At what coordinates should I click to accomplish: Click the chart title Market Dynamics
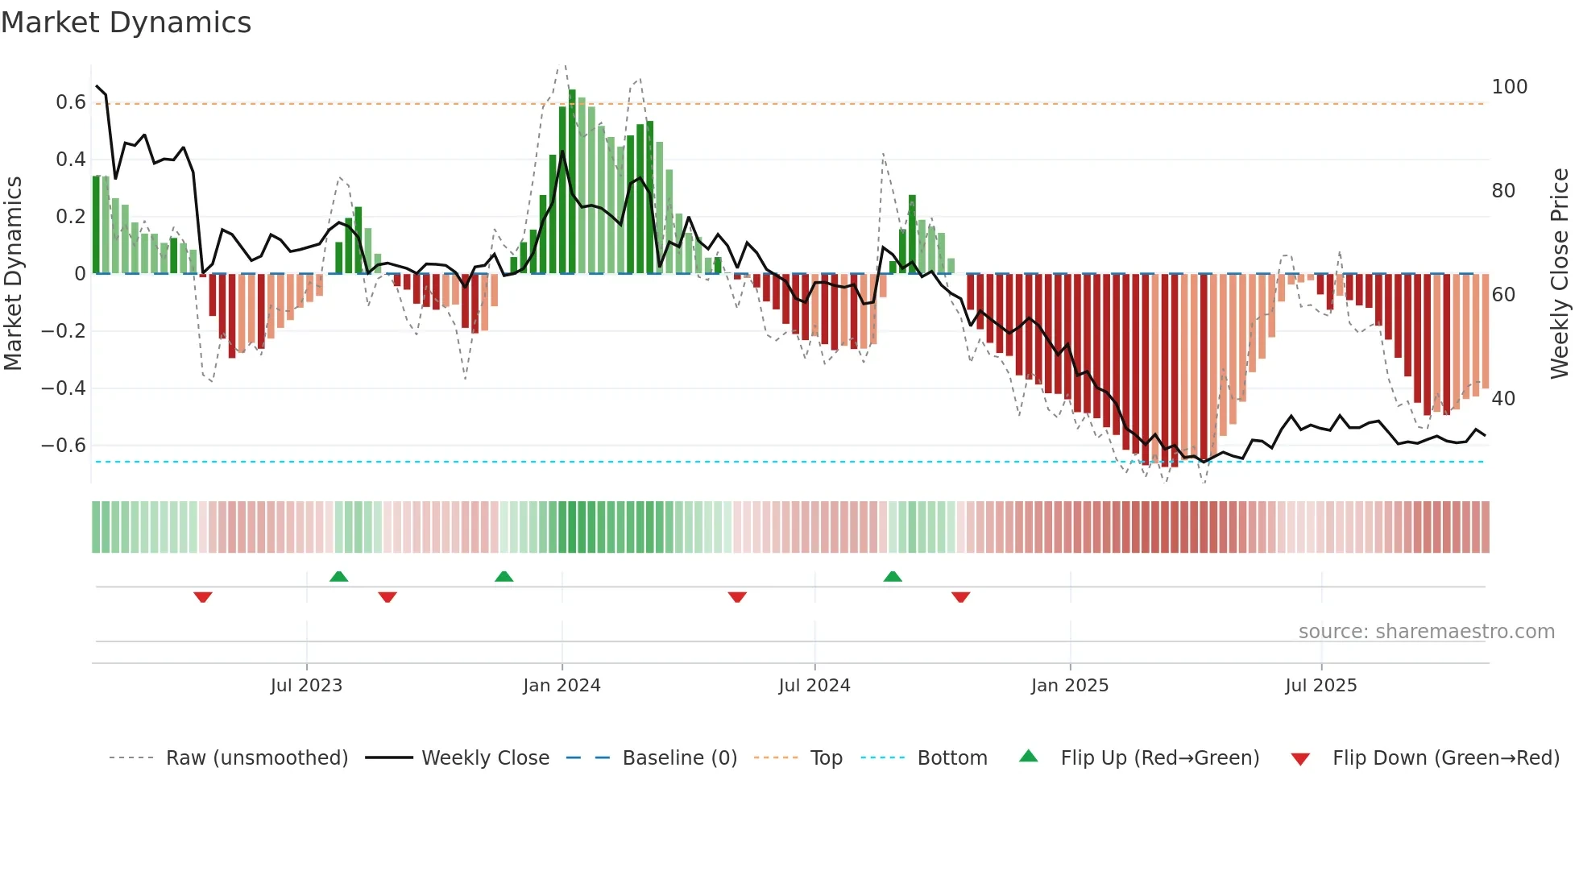click(x=126, y=23)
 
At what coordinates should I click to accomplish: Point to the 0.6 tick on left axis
click(x=70, y=102)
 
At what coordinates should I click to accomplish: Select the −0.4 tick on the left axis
click(x=63, y=388)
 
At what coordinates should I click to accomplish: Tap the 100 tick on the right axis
click(x=1509, y=87)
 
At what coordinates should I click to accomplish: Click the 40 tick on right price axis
click(x=1502, y=399)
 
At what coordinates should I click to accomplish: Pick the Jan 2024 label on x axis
click(x=562, y=686)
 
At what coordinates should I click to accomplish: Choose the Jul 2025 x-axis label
click(x=1320, y=686)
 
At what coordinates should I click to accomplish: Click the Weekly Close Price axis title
click(x=1560, y=274)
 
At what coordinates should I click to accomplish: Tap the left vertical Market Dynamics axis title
click(x=13, y=274)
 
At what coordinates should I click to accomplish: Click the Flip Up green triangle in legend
click(x=1029, y=757)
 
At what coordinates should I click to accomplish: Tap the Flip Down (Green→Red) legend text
click(x=1445, y=758)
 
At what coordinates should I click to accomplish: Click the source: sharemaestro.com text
click(x=1426, y=632)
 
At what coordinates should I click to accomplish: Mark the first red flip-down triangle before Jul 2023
click(x=203, y=597)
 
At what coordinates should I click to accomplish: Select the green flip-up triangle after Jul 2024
click(x=893, y=576)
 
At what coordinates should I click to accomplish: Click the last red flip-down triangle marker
click(x=960, y=597)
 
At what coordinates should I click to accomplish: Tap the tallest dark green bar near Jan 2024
click(x=572, y=181)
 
